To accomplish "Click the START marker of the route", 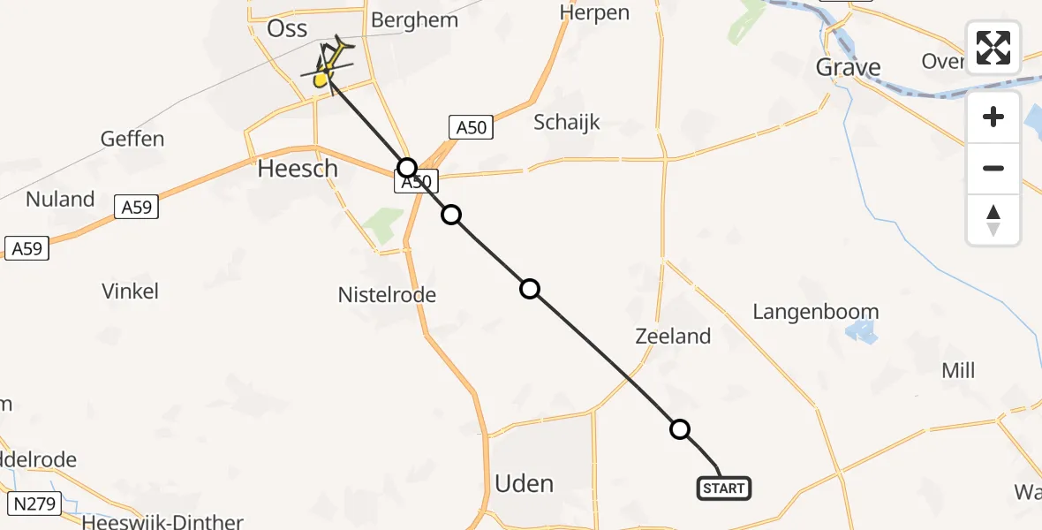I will click(724, 488).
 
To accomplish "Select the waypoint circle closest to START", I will click(679, 429).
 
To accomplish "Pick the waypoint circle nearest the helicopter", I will click(406, 167).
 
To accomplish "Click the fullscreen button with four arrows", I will click(993, 48).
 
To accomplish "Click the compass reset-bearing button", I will click(993, 219).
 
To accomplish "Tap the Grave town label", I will click(848, 67).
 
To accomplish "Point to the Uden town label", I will click(524, 483).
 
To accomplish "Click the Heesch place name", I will click(298, 168).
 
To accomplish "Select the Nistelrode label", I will click(387, 294).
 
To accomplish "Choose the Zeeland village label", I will click(673, 336).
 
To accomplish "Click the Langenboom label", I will click(815, 312).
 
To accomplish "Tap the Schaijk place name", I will click(566, 122).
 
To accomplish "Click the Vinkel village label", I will click(130, 291).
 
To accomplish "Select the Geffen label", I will click(132, 139).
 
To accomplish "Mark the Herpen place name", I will click(594, 12).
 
